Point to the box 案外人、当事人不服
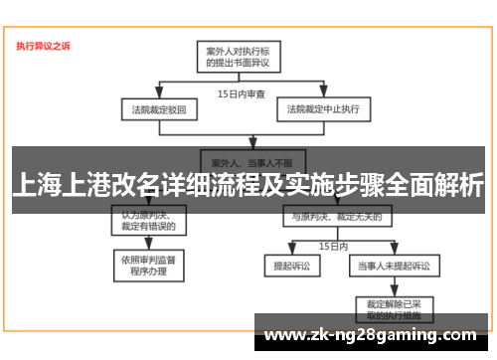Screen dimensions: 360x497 pos(239,159)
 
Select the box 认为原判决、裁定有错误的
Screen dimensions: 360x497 pos(148,221)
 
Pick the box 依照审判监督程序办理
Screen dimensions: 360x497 pos(148,266)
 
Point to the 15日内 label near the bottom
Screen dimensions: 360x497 pos(332,244)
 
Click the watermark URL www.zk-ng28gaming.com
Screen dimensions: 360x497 pos(373,334)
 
